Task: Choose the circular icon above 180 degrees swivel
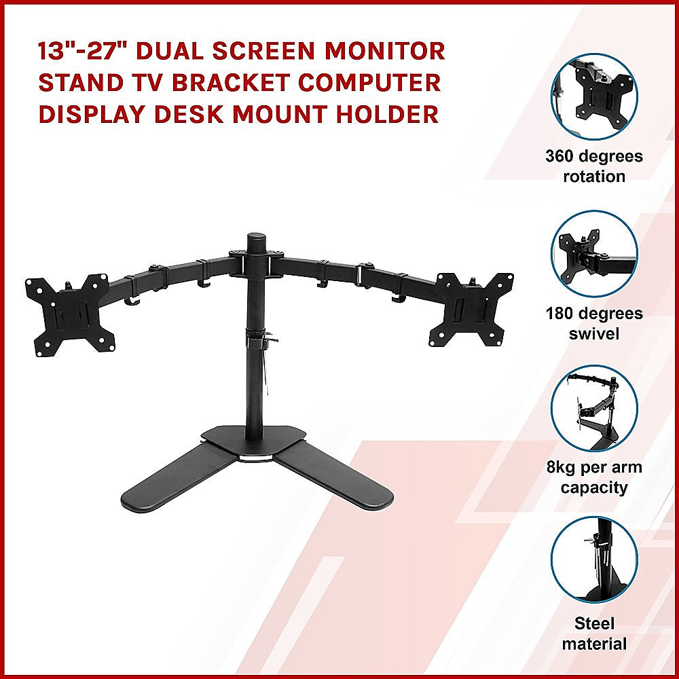click(595, 253)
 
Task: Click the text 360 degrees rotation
click(594, 166)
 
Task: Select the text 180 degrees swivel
click(594, 324)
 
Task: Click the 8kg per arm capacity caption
click(594, 477)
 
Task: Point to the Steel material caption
click(594, 634)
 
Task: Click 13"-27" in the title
click(80, 51)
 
